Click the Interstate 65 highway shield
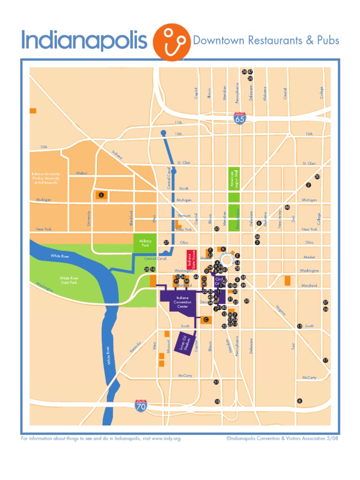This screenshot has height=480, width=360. click(x=240, y=118)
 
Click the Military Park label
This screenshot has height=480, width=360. click(x=144, y=242)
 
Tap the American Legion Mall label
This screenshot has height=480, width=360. click(x=231, y=179)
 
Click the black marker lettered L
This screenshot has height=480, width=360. click(x=101, y=194)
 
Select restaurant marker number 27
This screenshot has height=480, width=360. click(x=166, y=242)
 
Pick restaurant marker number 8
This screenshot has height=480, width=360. click(x=300, y=400)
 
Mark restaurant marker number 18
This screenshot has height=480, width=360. click(x=217, y=402)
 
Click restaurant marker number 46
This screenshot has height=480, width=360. click(x=287, y=207)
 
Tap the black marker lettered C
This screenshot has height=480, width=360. click(x=205, y=319)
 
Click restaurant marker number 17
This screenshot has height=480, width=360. click(x=325, y=360)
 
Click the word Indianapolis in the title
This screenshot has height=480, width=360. click(x=84, y=41)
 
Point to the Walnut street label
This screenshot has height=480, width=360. click(x=82, y=173)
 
